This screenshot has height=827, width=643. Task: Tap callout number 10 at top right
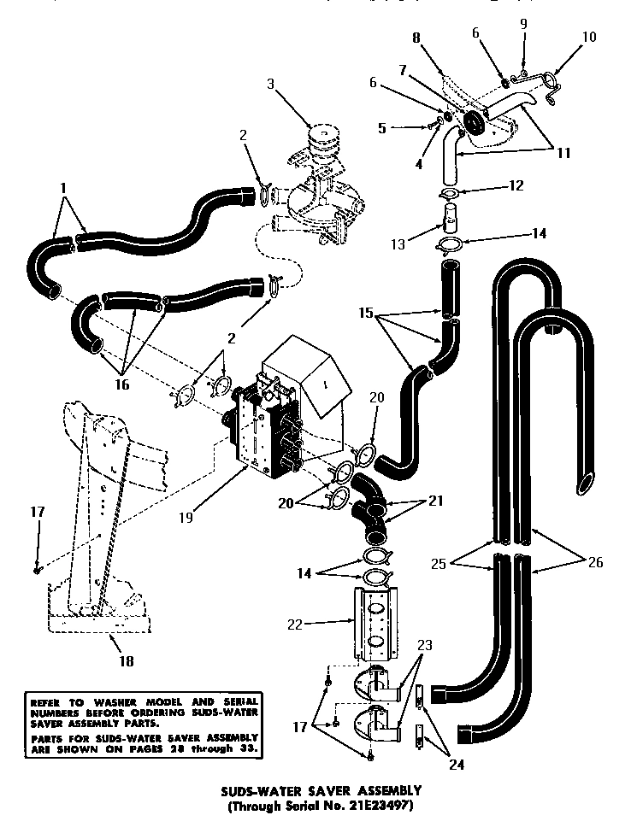click(589, 38)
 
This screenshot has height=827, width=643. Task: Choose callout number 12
click(516, 185)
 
